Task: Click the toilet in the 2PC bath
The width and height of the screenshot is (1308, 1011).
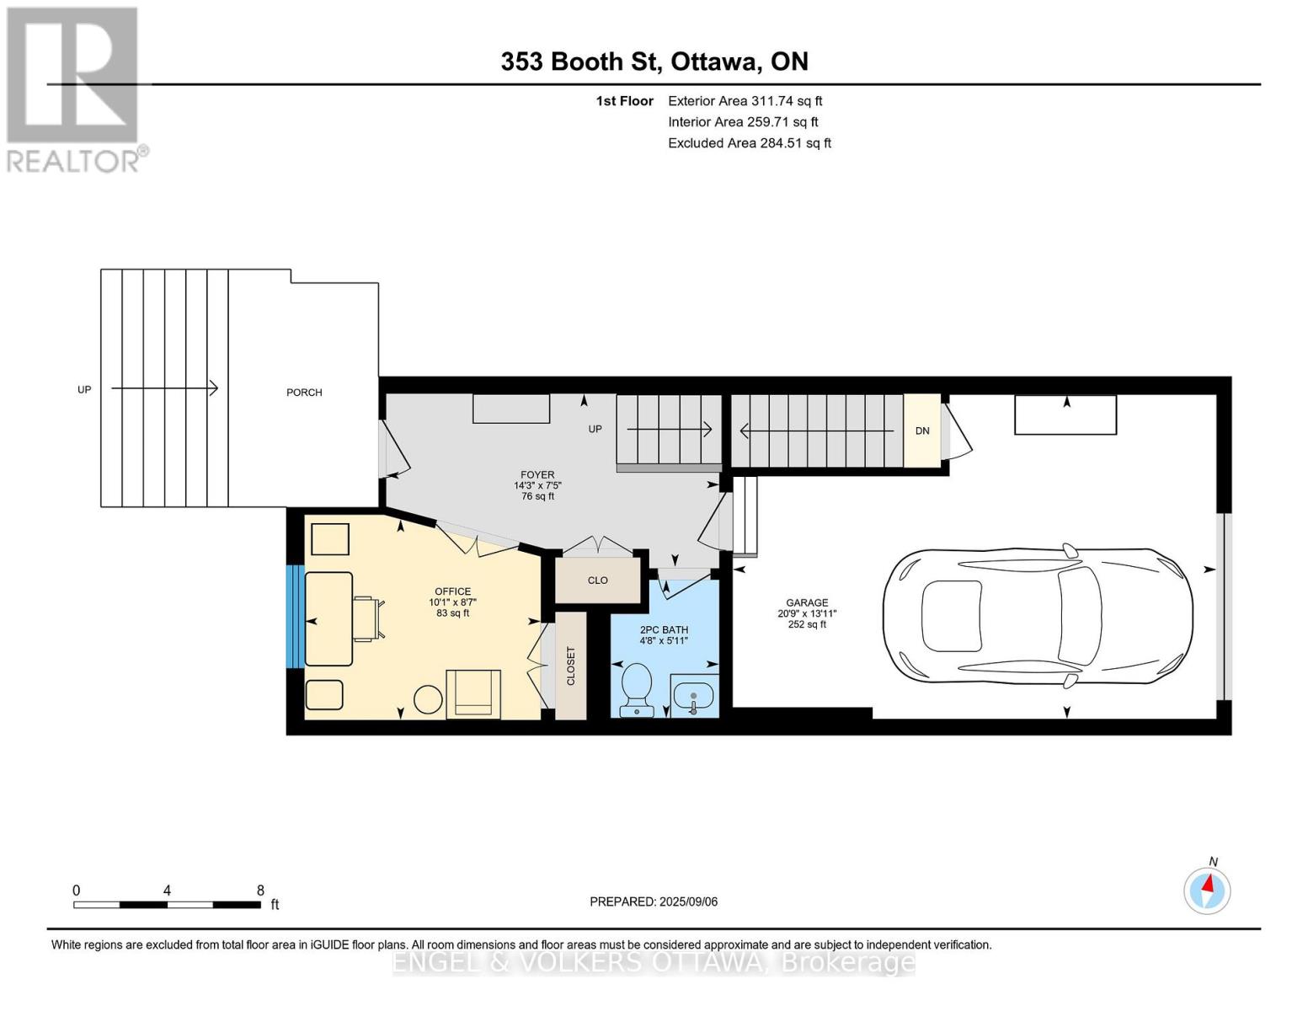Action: click(x=636, y=689)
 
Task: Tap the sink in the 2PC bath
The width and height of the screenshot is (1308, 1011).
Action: click(x=693, y=695)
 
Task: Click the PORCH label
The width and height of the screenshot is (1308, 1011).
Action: click(x=304, y=393)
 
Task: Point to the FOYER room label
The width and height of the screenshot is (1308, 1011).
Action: click(x=537, y=474)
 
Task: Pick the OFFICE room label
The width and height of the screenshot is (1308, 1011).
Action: click(x=452, y=591)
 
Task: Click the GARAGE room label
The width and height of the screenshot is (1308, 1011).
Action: click(x=807, y=602)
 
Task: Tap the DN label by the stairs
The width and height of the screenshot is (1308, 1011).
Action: click(x=922, y=431)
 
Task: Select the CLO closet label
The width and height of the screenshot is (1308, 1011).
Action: click(x=598, y=580)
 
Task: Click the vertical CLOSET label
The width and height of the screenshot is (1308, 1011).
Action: click(x=571, y=666)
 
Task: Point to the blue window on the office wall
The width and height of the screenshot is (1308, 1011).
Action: click(x=295, y=616)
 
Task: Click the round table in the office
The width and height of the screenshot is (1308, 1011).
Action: click(x=429, y=700)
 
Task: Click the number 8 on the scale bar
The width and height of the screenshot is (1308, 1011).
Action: click(x=260, y=891)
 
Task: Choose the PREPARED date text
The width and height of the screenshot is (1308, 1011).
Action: click(x=654, y=901)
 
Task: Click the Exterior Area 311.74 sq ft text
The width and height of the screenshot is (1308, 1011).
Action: click(x=745, y=101)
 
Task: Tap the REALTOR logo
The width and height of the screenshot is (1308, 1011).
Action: click(x=75, y=90)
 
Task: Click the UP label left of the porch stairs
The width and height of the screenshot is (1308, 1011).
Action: click(x=84, y=389)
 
